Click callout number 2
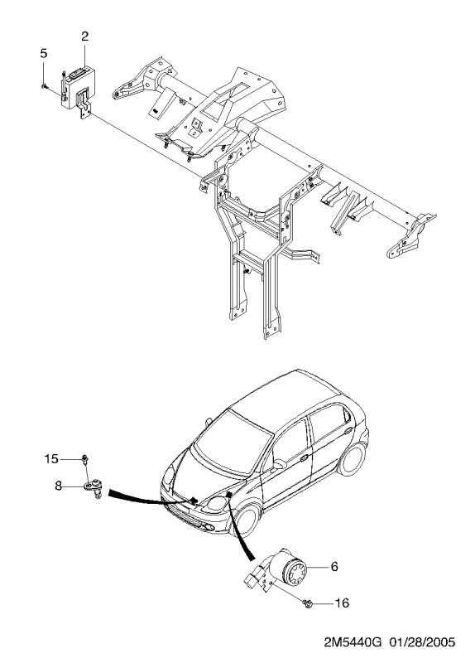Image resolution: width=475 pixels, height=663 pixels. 85,36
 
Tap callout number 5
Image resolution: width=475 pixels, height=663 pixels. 44,53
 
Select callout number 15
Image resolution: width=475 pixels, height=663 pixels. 51,459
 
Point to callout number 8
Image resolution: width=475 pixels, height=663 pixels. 58,486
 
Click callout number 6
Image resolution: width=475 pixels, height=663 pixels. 334,567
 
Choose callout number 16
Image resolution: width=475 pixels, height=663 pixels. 342,603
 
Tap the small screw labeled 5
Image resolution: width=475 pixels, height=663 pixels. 44,86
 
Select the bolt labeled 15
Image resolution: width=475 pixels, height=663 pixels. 85,459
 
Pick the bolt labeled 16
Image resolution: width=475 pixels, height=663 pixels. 307,603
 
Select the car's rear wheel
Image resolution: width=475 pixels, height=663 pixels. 352,459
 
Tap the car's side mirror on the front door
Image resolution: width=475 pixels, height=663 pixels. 279,464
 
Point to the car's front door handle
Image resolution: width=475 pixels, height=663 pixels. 304,458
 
